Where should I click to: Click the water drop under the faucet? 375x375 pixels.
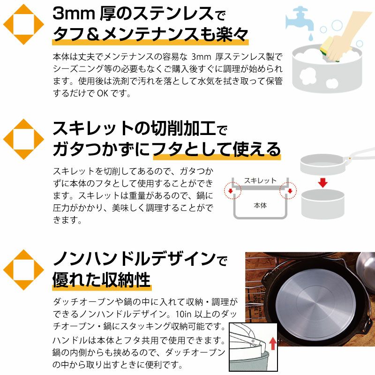click(311, 37)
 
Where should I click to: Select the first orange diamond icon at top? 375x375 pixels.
click(23, 24)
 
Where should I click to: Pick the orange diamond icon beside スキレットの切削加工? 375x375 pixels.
click(23, 139)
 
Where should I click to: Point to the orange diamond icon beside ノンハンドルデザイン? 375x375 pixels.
click(23, 270)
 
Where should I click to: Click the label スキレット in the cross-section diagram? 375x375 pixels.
click(260, 181)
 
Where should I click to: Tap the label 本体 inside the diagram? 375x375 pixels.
click(260, 205)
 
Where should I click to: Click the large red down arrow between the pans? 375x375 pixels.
click(323, 183)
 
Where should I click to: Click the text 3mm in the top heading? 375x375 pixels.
click(74, 14)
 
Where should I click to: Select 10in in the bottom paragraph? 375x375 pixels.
click(183, 314)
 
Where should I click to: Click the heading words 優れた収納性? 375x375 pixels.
click(101, 280)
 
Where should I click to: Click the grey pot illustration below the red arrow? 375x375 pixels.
click(323, 204)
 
